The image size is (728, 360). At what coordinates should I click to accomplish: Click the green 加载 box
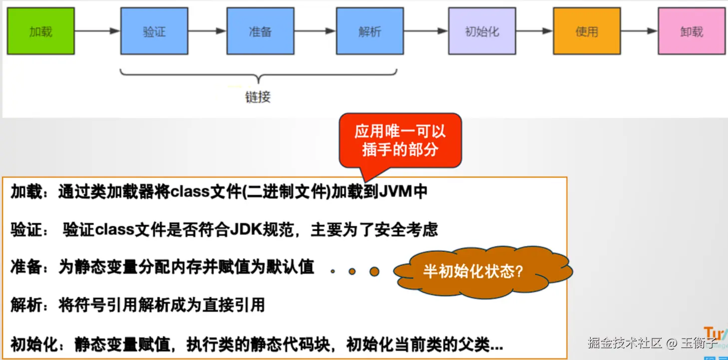[40, 31]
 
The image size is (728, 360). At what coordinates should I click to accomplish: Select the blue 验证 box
[154, 31]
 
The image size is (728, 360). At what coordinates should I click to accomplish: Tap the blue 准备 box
[260, 31]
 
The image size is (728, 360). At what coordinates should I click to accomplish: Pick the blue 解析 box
[369, 31]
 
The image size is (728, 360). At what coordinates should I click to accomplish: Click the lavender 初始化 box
[482, 31]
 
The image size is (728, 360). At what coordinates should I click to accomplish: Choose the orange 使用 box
[586, 31]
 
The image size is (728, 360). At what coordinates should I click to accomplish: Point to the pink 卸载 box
[691, 31]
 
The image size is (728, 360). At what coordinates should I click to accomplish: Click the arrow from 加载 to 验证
[97, 31]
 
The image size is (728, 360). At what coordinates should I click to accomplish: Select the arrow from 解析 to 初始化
[425, 31]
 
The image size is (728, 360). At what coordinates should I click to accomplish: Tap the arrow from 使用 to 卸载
[639, 31]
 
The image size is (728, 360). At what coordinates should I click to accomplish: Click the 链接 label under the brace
[258, 96]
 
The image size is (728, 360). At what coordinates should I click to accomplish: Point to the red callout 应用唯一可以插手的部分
[400, 140]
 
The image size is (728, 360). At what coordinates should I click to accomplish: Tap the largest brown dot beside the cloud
[374, 272]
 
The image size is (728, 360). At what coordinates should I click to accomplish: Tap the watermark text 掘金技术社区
[625, 343]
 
